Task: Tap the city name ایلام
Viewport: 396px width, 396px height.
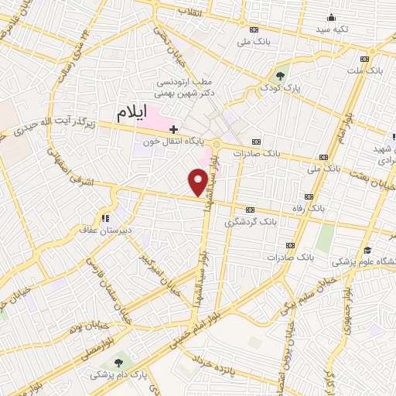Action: click(131, 113)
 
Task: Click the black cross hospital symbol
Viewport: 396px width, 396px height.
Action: click(174, 129)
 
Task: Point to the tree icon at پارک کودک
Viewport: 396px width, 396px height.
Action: click(280, 76)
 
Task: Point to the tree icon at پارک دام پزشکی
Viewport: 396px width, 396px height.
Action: click(118, 362)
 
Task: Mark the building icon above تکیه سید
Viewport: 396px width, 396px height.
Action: click(332, 17)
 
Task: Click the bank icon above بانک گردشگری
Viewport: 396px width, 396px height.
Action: click(251, 210)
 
